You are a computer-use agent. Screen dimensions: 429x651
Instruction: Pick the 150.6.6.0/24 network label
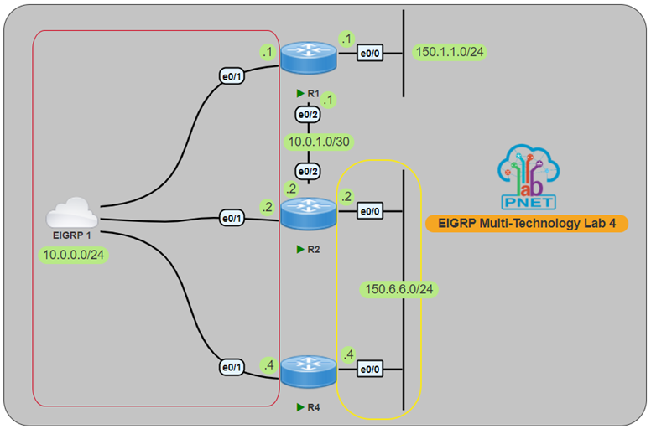[403, 289]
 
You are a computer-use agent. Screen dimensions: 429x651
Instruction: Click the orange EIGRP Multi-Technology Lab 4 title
[526, 224]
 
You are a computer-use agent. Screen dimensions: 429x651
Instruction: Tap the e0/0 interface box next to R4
[370, 367]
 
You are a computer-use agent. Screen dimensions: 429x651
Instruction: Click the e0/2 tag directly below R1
[308, 112]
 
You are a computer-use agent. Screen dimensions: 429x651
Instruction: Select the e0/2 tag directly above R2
[308, 173]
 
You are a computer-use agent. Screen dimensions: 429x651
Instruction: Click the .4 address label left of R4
[268, 364]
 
